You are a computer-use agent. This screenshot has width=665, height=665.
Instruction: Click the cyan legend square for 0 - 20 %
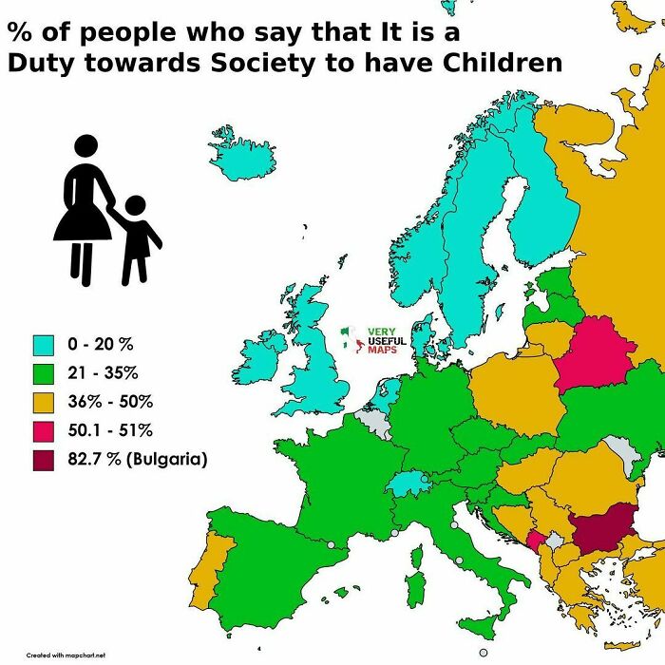pyautogui.click(x=43, y=343)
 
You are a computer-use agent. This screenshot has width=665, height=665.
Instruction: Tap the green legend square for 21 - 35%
pyautogui.click(x=43, y=371)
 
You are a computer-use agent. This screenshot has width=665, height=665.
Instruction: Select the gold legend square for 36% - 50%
pyautogui.click(x=43, y=401)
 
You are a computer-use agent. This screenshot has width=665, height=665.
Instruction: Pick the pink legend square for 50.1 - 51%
pyautogui.click(x=43, y=430)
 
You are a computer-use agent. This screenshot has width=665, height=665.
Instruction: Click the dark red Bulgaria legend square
pyautogui.click(x=43, y=460)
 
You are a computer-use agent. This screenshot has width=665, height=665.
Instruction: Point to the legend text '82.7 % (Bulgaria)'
pyautogui.click(x=138, y=460)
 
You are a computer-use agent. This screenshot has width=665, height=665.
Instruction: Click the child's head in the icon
pyautogui.click(x=135, y=206)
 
